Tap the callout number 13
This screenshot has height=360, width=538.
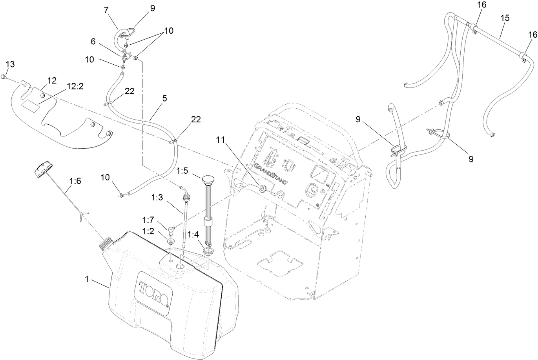pos(10,65)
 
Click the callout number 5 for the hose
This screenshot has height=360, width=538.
pos(165,98)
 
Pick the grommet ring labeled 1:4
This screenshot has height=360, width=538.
pos(207,250)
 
